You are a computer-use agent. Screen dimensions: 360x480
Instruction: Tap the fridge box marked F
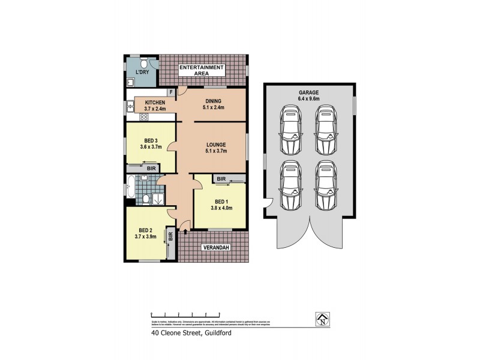170,92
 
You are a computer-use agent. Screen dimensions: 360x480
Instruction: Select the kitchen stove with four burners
144,118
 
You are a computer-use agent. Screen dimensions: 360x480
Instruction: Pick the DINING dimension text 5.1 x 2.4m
213,109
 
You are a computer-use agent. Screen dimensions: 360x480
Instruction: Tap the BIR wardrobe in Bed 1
221,179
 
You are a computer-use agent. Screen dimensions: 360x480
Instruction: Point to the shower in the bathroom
158,199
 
